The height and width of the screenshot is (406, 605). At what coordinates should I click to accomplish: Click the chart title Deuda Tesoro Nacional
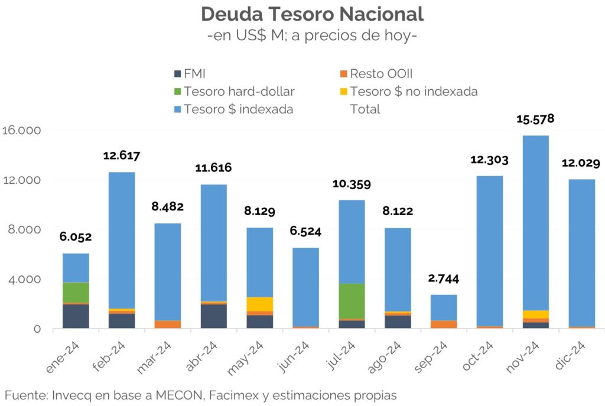click(x=312, y=14)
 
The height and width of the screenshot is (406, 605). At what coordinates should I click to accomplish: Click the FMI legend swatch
click(x=177, y=74)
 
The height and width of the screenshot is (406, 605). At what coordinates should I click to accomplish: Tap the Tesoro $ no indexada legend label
click(x=414, y=92)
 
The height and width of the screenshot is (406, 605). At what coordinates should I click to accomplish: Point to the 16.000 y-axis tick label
click(x=20, y=131)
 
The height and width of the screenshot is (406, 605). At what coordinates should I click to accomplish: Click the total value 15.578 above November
click(x=535, y=119)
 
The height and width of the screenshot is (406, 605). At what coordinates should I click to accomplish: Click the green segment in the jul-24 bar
click(x=351, y=301)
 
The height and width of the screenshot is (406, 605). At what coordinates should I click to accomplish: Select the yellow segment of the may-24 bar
click(x=259, y=304)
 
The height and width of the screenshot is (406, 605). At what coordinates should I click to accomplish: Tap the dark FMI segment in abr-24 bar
click(x=213, y=316)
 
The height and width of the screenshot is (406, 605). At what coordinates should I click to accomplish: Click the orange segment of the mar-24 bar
click(x=167, y=324)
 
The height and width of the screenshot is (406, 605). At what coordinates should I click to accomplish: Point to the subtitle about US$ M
click(x=312, y=35)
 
